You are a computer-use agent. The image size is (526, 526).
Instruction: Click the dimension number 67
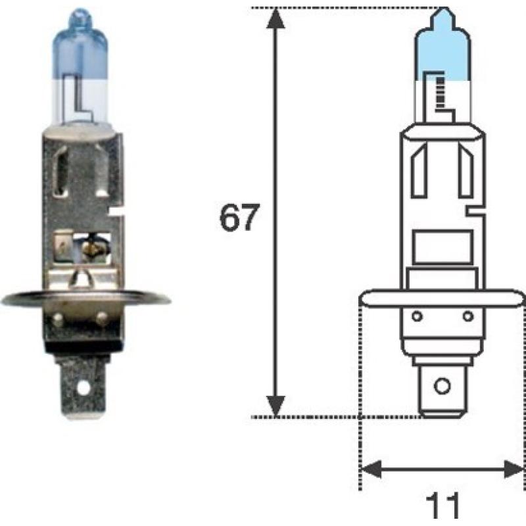(240, 218)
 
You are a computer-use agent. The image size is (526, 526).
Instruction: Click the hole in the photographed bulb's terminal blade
(83, 388)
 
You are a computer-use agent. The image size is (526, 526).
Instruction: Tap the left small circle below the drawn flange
(416, 316)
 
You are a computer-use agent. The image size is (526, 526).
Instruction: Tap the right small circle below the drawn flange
(468, 316)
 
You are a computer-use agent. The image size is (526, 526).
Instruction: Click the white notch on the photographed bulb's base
(117, 212)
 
